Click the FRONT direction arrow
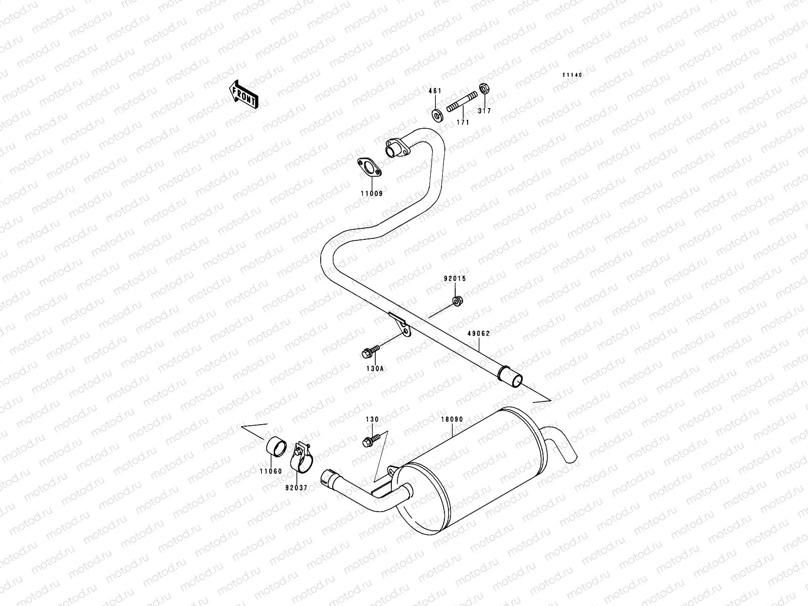click(x=244, y=94)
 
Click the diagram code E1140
click(x=573, y=75)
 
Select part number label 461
click(x=435, y=91)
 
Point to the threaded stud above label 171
click(x=462, y=104)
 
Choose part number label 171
click(x=463, y=122)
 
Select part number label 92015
click(x=455, y=279)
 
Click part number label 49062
click(x=478, y=333)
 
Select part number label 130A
click(x=375, y=369)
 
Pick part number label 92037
click(x=296, y=487)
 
